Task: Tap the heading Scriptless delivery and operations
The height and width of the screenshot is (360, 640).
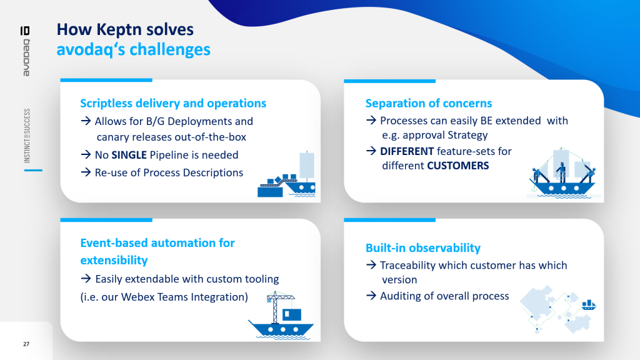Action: [173, 103]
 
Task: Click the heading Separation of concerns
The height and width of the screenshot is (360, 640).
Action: [429, 103]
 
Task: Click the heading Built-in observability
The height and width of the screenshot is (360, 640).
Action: [422, 247]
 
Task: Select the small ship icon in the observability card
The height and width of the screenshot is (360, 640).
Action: [588, 305]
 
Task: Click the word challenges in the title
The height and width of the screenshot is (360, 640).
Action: [169, 49]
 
